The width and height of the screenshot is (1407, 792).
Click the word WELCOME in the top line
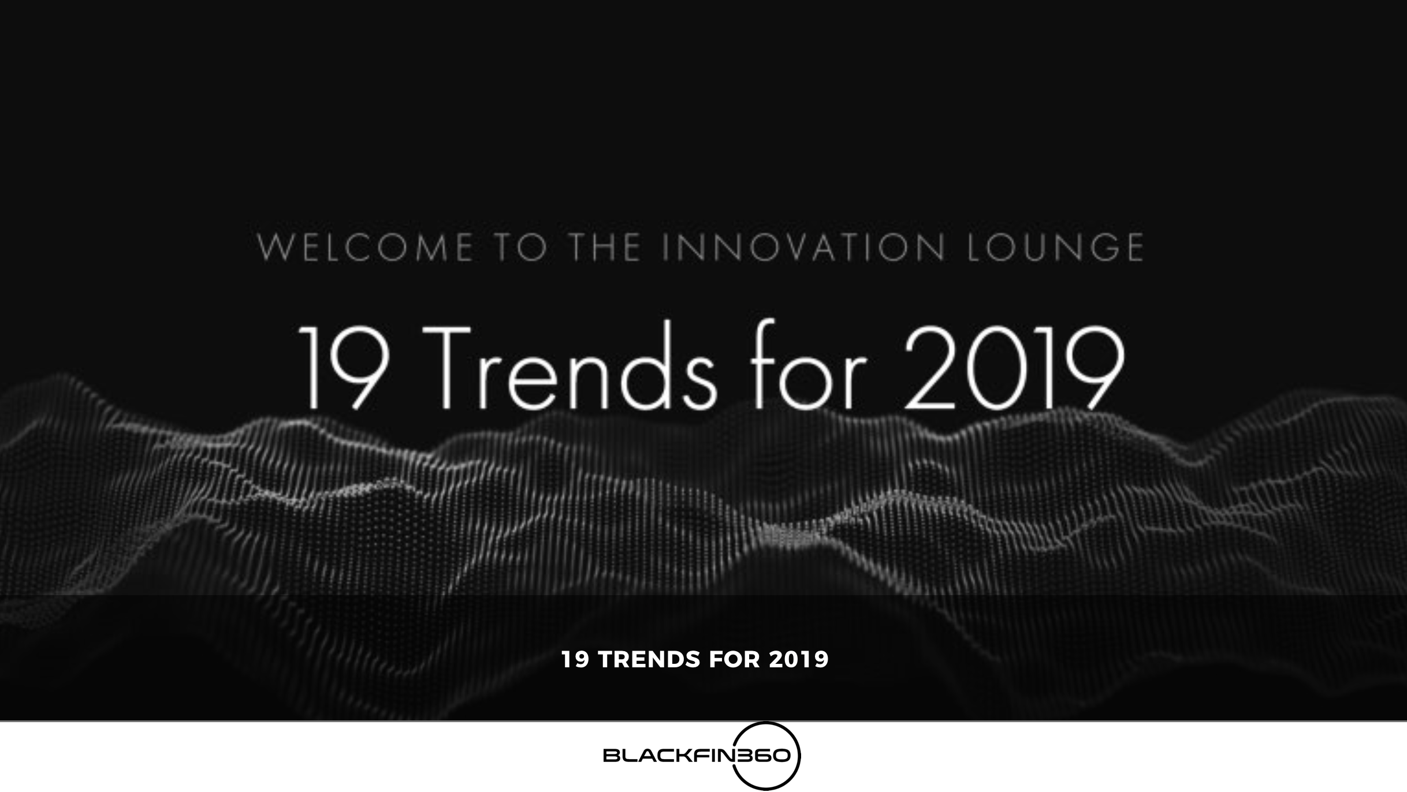365,248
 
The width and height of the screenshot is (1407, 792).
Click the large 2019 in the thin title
1014,368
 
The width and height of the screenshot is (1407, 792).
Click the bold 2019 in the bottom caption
799,660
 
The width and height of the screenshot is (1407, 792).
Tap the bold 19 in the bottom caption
575,660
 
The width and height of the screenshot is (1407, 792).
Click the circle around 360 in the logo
766,724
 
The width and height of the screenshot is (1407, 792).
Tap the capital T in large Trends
448,367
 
